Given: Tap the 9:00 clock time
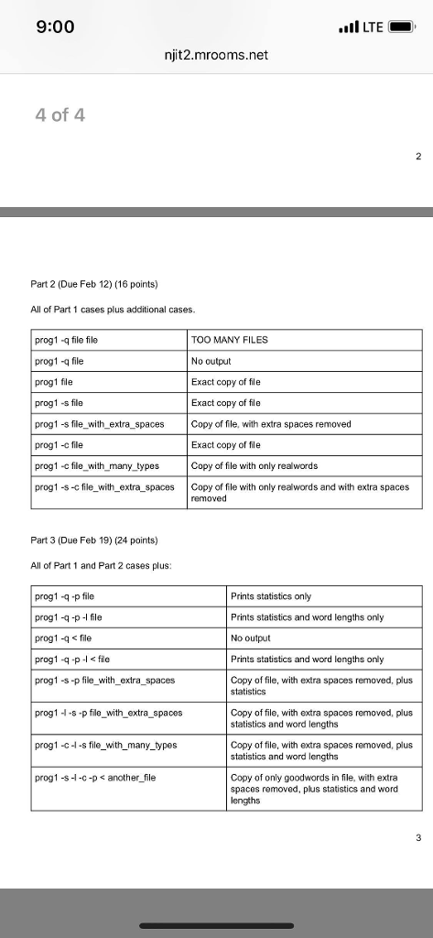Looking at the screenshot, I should [55, 27].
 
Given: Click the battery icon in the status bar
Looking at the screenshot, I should [400, 27].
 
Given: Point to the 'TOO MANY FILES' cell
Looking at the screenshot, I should [229, 339].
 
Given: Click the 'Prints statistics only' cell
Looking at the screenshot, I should [273, 596].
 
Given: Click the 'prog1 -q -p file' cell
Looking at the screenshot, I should [70, 596].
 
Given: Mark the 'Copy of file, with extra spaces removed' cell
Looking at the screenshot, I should [271, 423].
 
